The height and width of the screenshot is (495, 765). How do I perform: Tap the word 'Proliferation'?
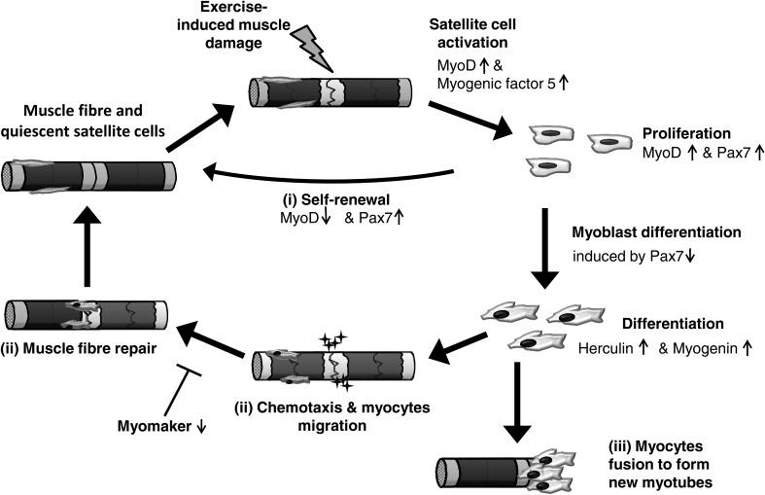click(686, 134)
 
